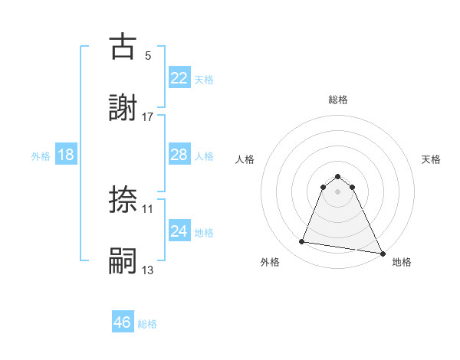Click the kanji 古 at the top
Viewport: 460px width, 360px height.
click(x=123, y=47)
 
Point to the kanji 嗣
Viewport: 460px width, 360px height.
click(x=123, y=261)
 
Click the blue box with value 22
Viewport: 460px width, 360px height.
click(x=179, y=77)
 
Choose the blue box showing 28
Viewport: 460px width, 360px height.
click(x=179, y=155)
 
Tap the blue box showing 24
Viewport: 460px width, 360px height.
click(x=179, y=231)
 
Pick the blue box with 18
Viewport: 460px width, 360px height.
click(x=66, y=155)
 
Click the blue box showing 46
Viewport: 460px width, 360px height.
click(x=123, y=322)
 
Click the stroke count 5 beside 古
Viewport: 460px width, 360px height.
click(x=147, y=55)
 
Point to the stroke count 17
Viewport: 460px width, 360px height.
click(x=148, y=116)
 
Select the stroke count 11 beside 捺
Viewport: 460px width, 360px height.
click(x=148, y=208)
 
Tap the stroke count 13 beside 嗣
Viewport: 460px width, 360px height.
click(x=148, y=270)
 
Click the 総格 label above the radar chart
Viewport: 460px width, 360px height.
click(x=338, y=100)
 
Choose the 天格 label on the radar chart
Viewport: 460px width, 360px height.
click(x=432, y=159)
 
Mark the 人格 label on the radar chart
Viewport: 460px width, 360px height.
click(x=245, y=159)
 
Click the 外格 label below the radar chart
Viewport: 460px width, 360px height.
click(x=270, y=262)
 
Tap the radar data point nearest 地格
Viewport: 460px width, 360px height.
click(x=383, y=254)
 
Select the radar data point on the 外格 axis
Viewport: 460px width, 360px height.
click(x=302, y=242)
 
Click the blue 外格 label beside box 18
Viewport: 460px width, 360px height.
click(x=41, y=155)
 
